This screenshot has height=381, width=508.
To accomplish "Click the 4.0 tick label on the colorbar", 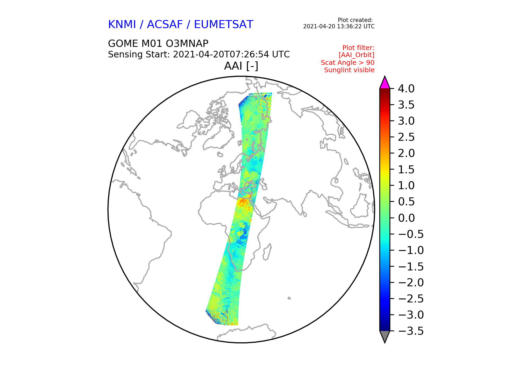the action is (x=406, y=89).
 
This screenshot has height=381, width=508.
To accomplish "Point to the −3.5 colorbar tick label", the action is (x=411, y=331).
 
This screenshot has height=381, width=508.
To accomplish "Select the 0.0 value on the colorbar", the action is (x=406, y=218).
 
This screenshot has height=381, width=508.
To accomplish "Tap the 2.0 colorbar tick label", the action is (x=406, y=153).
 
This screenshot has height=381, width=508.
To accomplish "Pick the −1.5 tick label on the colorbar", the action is (x=411, y=266).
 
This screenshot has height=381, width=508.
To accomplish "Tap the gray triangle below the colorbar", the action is (x=385, y=336).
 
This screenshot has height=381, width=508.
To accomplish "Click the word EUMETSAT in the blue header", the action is (x=224, y=24).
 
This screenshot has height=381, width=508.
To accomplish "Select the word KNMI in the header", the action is (x=122, y=24).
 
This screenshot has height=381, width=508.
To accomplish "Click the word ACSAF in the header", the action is (x=165, y=24).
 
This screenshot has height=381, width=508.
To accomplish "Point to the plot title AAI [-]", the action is (x=241, y=66).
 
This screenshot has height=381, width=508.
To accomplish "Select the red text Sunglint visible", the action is (x=349, y=70).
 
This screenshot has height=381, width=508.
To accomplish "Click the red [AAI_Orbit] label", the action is (x=356, y=55).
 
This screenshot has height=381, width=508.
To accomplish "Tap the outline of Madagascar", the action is (x=267, y=252).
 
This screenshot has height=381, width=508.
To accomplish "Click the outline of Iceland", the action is (x=220, y=154).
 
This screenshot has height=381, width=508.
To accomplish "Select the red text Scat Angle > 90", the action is (x=348, y=63).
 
